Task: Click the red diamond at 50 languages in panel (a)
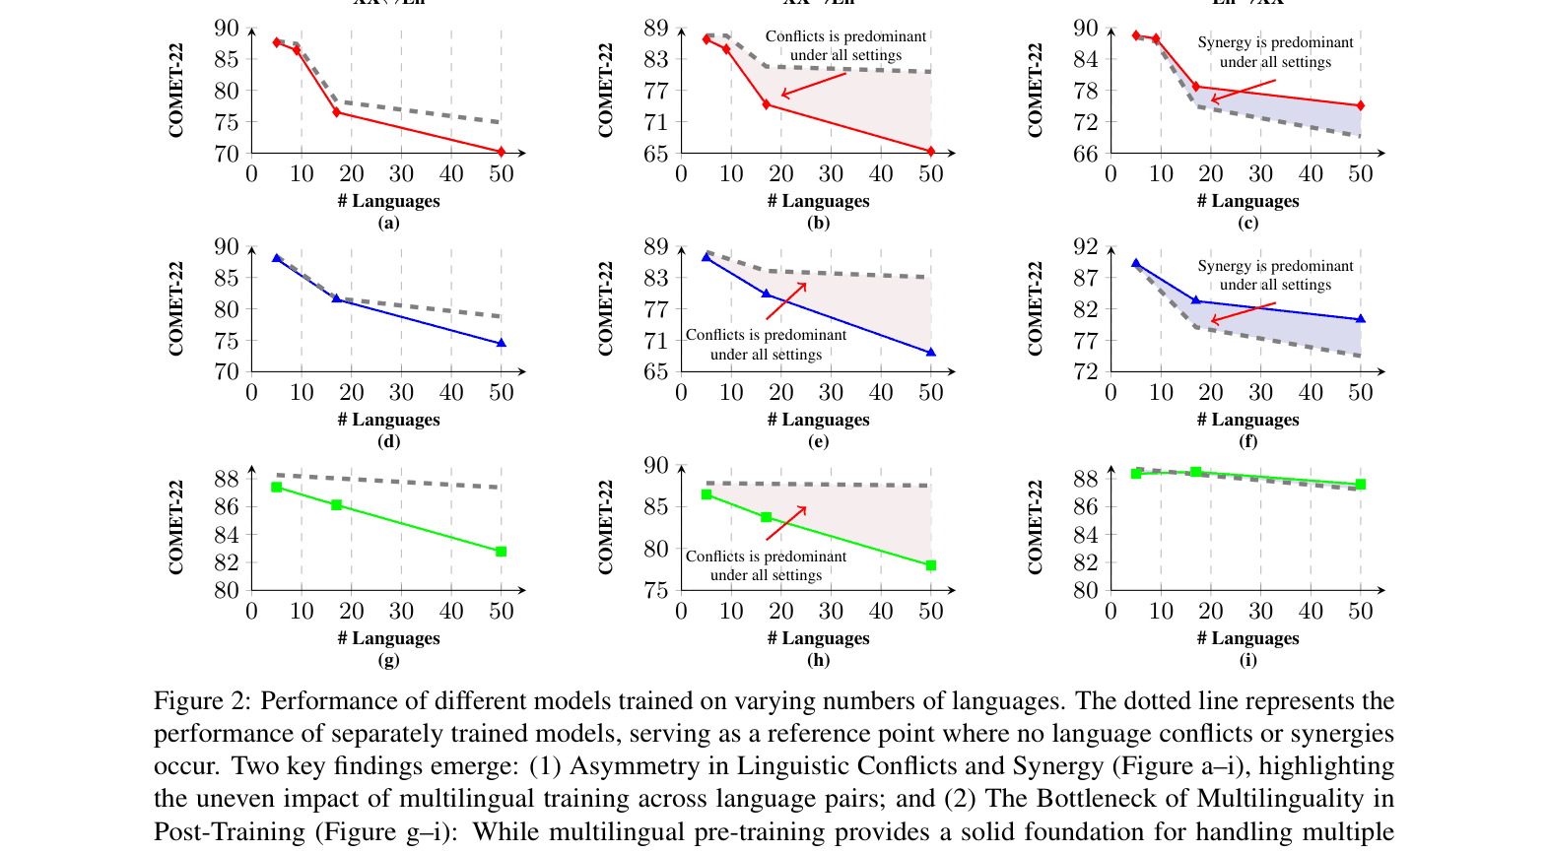point(501,152)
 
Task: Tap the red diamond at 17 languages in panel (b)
point(766,104)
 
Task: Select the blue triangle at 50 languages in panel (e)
point(930,352)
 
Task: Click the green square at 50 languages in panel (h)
point(930,565)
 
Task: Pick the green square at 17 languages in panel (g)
point(336,505)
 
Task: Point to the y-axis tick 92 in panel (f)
point(1085,246)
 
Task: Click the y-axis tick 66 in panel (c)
point(1085,154)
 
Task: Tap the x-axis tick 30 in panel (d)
point(401,393)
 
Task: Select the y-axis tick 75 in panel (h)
point(655,590)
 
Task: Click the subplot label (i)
point(1247,659)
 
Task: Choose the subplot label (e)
point(818,440)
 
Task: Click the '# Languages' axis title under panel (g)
point(388,638)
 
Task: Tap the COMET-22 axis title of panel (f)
point(1035,308)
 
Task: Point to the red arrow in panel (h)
point(785,523)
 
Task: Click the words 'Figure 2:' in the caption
point(202,701)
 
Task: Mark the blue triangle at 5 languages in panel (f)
point(1135,264)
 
